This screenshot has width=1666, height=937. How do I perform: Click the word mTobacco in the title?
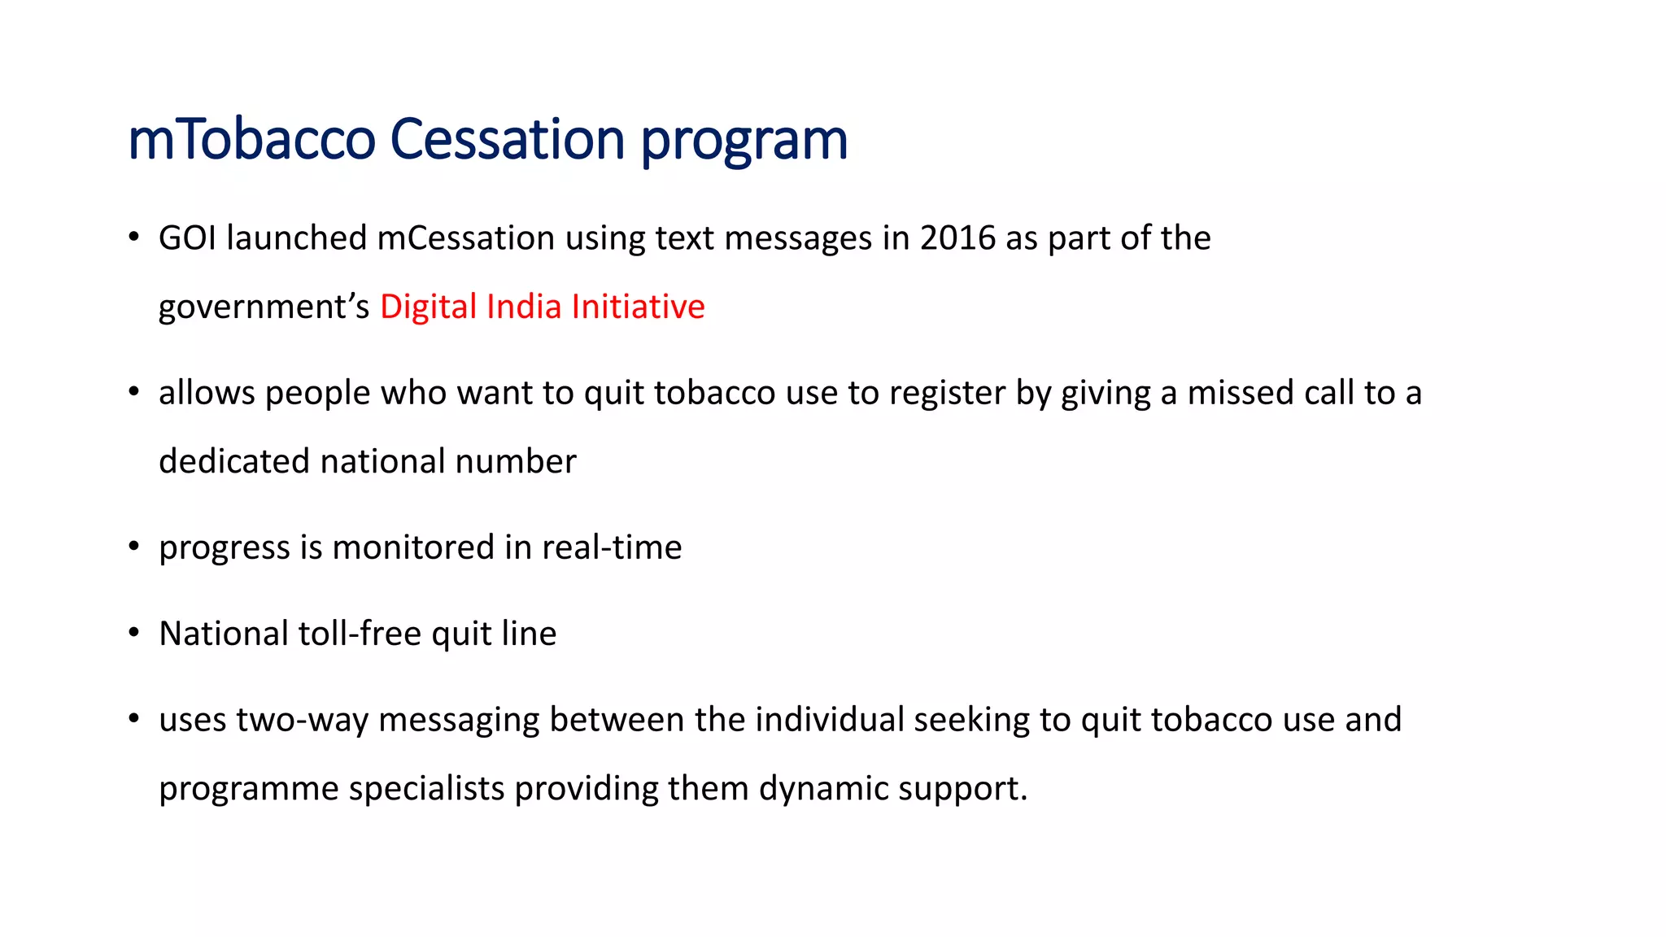pyautogui.click(x=251, y=139)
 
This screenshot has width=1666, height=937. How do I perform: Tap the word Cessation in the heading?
pyautogui.click(x=507, y=139)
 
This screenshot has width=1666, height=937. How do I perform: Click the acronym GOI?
pyautogui.click(x=187, y=238)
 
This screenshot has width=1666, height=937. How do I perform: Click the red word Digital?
pyautogui.click(x=428, y=307)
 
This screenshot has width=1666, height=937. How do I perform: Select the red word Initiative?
pyautogui.click(x=638, y=307)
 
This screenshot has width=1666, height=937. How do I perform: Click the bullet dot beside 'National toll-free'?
pyautogui.click(x=134, y=633)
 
